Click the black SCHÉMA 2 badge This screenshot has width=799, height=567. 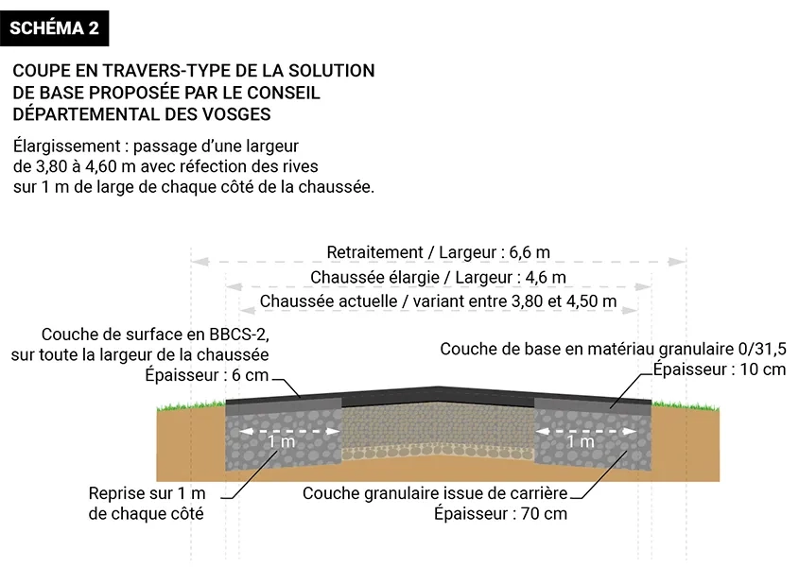pos(54,28)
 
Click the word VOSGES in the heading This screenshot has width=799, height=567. pos(236,114)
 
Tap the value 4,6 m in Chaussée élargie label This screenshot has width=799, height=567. pos(546,277)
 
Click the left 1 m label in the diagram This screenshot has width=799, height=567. pos(281,441)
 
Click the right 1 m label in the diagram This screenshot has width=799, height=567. pos(581,441)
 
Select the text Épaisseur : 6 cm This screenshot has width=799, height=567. pos(206,375)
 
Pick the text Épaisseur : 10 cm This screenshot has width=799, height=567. pos(720,369)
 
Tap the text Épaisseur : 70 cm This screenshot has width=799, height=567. pos(500,513)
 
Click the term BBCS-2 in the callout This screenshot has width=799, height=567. pos(239,335)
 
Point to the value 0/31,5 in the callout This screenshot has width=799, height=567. pos(762,349)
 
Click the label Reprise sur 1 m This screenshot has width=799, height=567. pos(147,493)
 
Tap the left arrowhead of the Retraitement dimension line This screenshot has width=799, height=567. pos(200,262)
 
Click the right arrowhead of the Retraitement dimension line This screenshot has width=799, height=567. pos(677,262)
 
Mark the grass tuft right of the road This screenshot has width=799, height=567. pos(686,405)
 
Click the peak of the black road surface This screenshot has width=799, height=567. pos(438,388)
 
